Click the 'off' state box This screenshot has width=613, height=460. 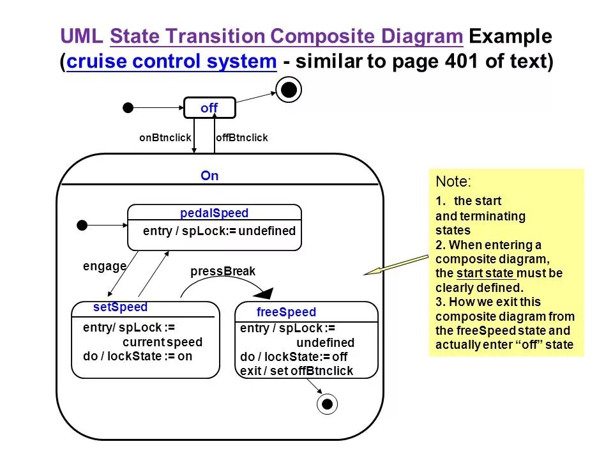click(x=209, y=108)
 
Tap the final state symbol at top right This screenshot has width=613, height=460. click(x=289, y=91)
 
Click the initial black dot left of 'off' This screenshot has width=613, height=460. click(x=128, y=107)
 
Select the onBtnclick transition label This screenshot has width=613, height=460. click(x=165, y=138)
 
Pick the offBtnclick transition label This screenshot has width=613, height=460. click(x=242, y=138)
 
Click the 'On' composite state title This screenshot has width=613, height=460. click(x=209, y=176)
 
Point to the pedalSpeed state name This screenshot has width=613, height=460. click(x=215, y=213)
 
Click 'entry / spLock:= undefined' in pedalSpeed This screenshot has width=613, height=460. click(x=219, y=231)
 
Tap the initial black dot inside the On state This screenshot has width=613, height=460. click(x=82, y=225)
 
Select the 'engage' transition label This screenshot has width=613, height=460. click(x=105, y=266)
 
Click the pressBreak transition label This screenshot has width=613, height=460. click(x=223, y=272)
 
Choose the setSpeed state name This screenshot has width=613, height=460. click(x=120, y=307)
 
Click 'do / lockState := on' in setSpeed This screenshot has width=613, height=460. click(x=137, y=356)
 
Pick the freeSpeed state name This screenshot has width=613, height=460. click(x=286, y=312)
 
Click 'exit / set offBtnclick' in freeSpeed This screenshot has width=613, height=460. click(x=296, y=371)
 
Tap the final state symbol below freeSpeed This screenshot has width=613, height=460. click(x=328, y=404)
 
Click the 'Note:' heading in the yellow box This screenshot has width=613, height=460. click(x=454, y=181)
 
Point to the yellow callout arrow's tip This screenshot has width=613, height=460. click(x=366, y=274)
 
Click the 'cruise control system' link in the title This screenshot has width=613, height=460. click(x=171, y=63)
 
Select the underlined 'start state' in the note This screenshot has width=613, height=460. click(x=485, y=273)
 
